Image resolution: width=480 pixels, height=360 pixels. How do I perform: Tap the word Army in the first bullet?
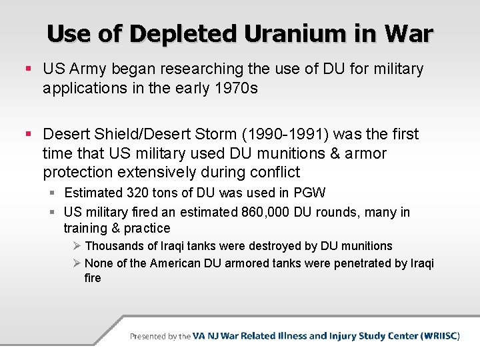pos(87,69)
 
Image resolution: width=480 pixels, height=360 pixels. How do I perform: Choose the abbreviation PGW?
pos(310,193)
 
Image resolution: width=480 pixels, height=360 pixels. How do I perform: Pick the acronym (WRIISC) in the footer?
pos(440,336)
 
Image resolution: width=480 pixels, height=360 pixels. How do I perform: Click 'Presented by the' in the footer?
pos(160,337)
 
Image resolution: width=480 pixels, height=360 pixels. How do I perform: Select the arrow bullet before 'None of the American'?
pos(77,263)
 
